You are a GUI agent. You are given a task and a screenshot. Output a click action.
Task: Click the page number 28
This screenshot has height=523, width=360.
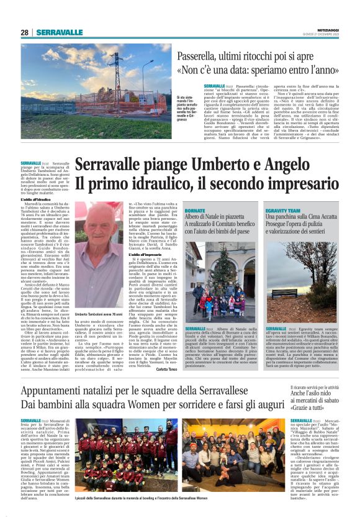click(x=24, y=32)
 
